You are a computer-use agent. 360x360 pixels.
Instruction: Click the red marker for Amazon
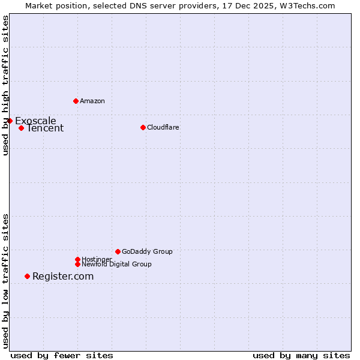(x=76, y=101)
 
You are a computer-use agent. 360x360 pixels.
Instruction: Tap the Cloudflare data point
(x=143, y=127)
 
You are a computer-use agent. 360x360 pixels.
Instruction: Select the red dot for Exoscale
(x=10, y=121)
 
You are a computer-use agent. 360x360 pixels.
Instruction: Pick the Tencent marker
(x=21, y=128)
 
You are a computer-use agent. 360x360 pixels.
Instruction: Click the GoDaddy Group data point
(x=118, y=251)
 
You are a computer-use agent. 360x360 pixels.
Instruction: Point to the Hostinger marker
(x=77, y=259)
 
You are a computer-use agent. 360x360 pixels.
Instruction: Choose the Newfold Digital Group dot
(x=77, y=264)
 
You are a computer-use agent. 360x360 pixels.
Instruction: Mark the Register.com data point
(x=27, y=276)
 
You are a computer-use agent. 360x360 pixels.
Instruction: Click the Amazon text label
(x=92, y=101)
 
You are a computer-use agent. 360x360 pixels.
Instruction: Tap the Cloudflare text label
(x=163, y=127)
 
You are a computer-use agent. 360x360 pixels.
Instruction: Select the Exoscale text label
(x=35, y=121)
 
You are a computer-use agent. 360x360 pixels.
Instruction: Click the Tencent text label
(x=45, y=128)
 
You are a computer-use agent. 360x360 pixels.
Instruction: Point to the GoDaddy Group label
(x=147, y=251)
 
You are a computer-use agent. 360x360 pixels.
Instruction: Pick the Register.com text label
(x=63, y=276)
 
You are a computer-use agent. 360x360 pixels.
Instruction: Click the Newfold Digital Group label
(x=116, y=264)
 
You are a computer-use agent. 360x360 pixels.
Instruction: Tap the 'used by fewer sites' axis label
(x=62, y=355)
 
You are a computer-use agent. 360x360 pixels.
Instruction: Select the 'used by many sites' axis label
(x=301, y=355)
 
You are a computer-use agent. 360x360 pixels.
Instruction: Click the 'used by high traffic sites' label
(x=5, y=85)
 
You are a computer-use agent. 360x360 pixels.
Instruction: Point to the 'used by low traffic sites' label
(x=5, y=280)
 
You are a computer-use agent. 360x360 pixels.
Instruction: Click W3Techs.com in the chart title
(x=306, y=5)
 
